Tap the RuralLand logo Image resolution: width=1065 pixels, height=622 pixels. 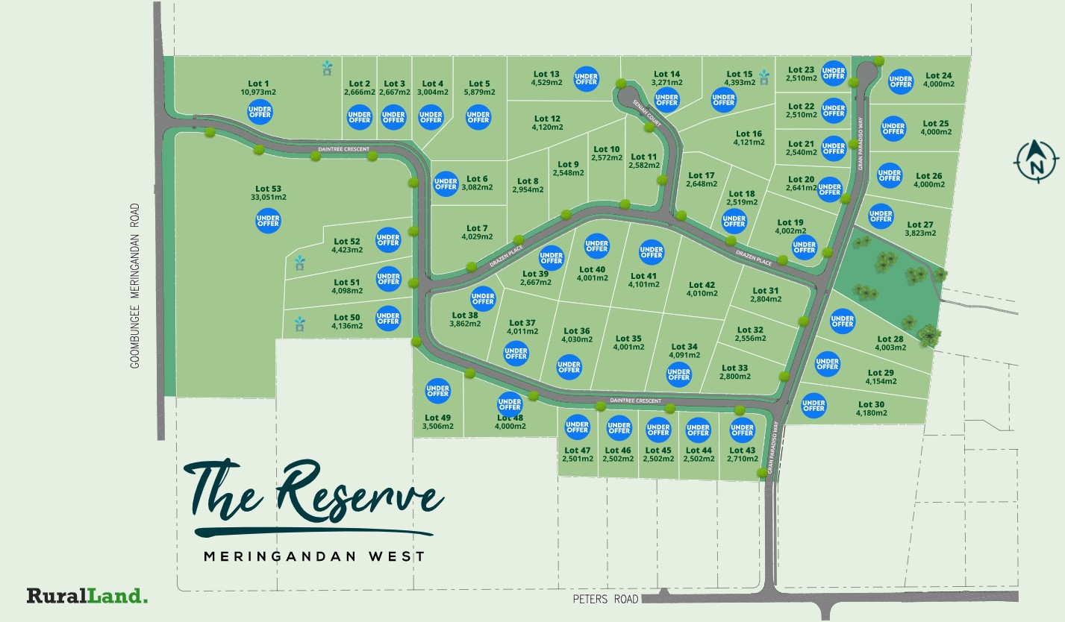[x=87, y=596]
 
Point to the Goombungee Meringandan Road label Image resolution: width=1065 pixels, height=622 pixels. [x=136, y=286]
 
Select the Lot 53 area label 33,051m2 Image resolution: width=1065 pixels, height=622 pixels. [x=269, y=198]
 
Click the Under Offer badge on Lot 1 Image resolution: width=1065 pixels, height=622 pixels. [x=260, y=113]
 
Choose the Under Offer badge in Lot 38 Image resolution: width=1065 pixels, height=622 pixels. [x=483, y=299]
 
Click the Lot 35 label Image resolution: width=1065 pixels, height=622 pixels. [x=628, y=339]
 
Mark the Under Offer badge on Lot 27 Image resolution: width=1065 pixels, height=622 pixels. [x=881, y=216]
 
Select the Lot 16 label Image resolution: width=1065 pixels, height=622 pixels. [x=749, y=134]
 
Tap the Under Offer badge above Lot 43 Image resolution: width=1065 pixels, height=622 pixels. [x=742, y=429]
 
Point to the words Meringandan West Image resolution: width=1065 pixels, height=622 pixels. [x=314, y=556]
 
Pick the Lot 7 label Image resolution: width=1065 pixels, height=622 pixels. [x=477, y=228]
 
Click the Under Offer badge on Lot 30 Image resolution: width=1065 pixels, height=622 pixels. [x=813, y=405]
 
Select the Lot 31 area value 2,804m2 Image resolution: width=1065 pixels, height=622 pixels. [x=766, y=300]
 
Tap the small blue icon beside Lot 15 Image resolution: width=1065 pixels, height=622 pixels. [x=763, y=78]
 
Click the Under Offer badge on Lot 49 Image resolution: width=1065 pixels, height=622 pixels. [x=437, y=391]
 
